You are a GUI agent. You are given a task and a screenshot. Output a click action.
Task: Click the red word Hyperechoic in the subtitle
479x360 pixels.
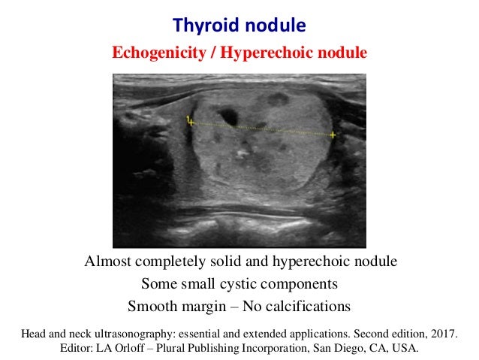click(x=277, y=53)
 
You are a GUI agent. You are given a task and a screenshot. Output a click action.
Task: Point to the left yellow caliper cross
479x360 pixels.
click(x=191, y=121)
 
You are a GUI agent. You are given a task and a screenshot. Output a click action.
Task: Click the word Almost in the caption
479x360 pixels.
click(x=107, y=262)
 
